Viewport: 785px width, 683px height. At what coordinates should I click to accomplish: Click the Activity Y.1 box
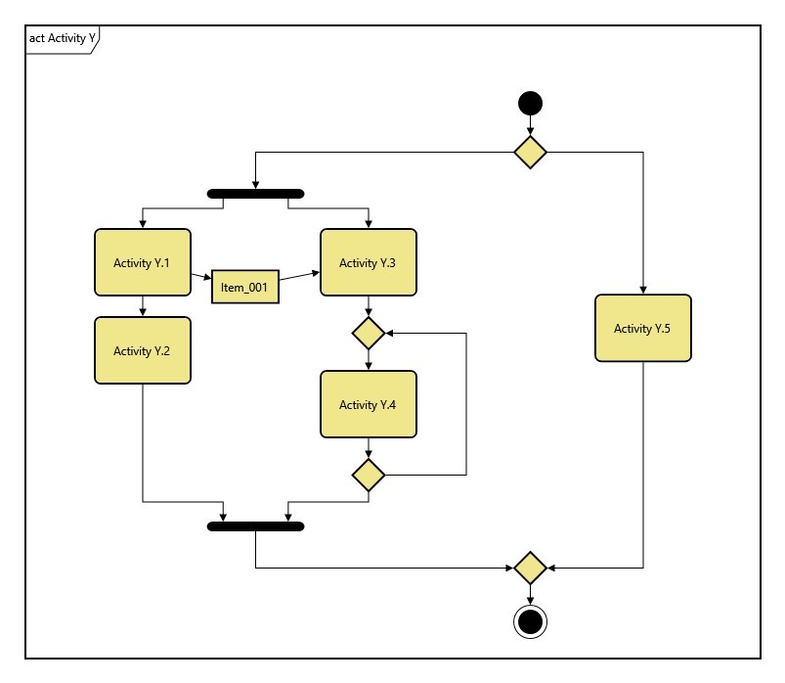(x=143, y=262)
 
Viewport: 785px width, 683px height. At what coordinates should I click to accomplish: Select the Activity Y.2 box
(x=143, y=350)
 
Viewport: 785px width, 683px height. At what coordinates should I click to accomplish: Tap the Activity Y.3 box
(x=369, y=262)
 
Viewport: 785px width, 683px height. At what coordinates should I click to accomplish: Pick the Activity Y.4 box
(x=369, y=404)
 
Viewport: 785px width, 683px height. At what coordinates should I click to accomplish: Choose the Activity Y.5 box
(x=643, y=329)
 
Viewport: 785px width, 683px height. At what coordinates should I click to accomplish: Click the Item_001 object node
(x=244, y=287)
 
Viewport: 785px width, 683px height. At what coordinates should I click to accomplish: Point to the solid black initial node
(x=530, y=103)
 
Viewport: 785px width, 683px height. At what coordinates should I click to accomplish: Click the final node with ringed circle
(x=530, y=621)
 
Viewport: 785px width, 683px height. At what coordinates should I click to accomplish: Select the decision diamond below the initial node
(x=530, y=152)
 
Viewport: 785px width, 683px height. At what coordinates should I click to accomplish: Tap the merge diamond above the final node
(x=530, y=568)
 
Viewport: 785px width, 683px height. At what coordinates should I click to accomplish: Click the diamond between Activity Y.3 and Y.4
(x=369, y=333)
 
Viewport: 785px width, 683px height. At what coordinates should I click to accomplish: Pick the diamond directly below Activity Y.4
(x=369, y=475)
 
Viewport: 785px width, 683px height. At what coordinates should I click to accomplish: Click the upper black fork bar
(x=256, y=194)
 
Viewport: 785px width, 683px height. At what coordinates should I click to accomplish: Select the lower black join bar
(x=256, y=526)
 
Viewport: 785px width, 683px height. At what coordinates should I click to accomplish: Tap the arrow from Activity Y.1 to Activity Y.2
(x=143, y=305)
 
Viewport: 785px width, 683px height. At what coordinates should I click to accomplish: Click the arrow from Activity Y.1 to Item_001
(x=201, y=278)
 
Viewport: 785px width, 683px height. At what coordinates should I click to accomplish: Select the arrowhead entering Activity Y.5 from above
(x=643, y=290)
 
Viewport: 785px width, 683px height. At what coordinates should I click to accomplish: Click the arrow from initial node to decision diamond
(x=530, y=126)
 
